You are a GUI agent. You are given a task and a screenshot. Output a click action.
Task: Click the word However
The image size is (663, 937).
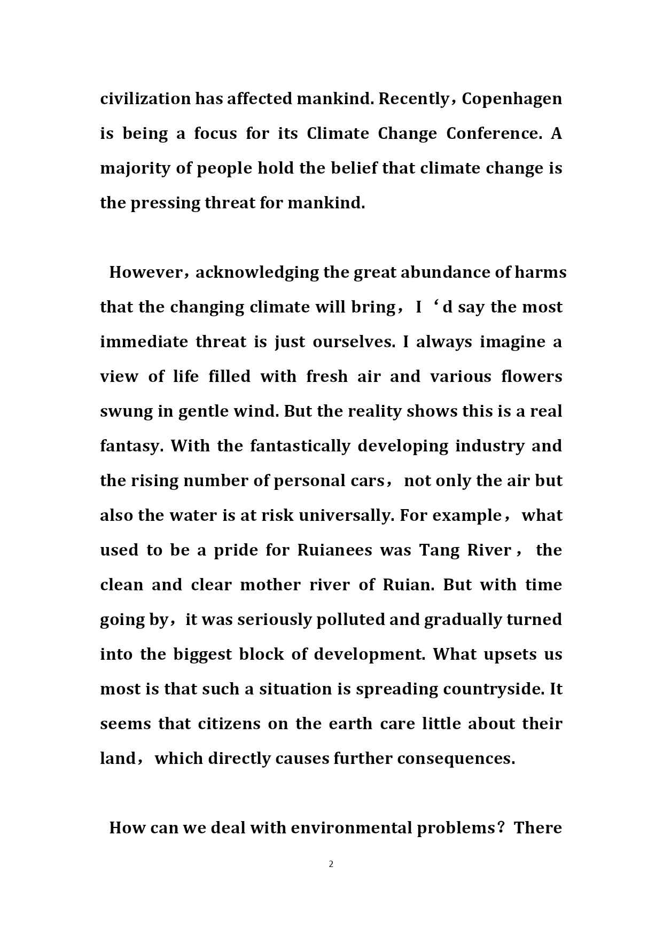(145, 272)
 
